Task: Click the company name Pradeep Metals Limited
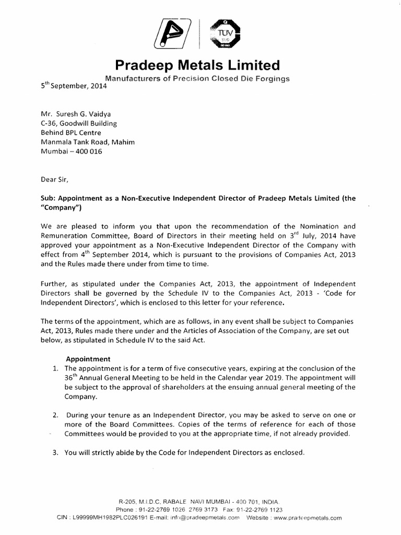[197, 66]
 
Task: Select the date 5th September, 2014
[74, 87]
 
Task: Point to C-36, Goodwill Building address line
[79, 123]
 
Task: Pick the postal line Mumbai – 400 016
[73, 152]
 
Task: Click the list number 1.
[55, 368]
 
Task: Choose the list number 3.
[55, 453]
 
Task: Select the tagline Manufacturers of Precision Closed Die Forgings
[197, 78]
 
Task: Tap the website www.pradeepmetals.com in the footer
[307, 518]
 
